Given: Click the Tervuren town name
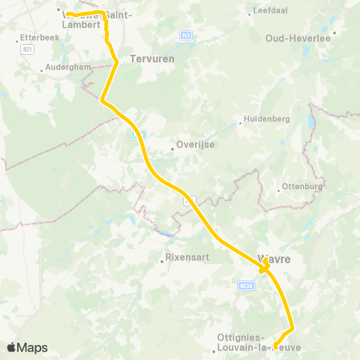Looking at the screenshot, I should click(152, 58).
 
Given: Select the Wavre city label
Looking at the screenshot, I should click(274, 259).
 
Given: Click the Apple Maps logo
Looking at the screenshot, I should click(27, 347).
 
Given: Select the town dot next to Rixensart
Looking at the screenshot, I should click(161, 261).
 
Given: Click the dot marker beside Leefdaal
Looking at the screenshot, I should click(250, 12).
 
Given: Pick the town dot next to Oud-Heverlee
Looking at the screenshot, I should click(335, 32).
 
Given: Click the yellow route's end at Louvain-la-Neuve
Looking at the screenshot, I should click(275, 346).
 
